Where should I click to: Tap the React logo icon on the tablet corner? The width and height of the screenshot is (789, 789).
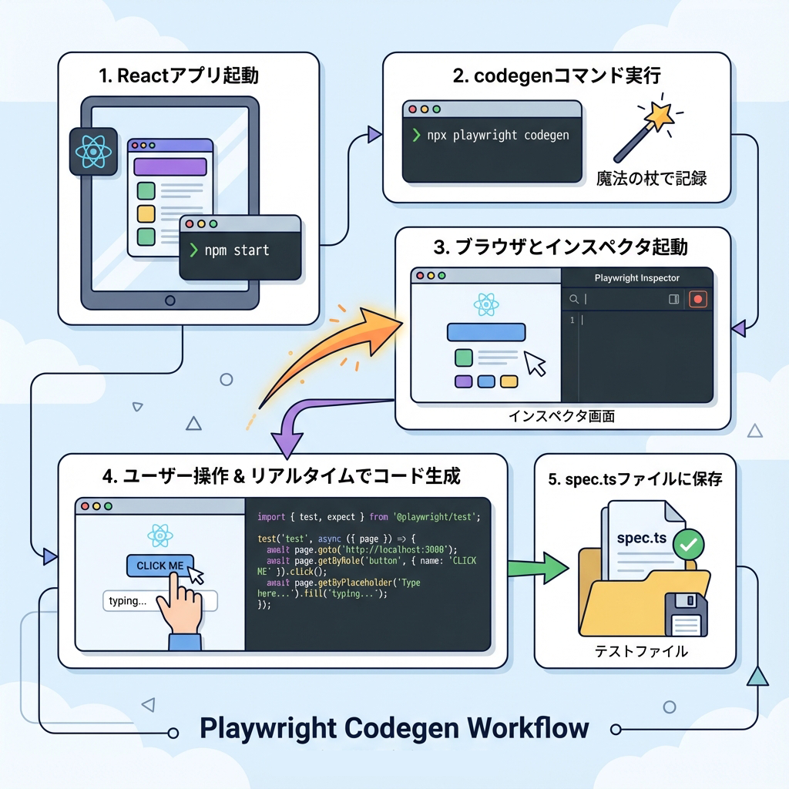click(x=92, y=153)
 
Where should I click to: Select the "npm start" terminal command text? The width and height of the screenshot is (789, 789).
click(x=237, y=250)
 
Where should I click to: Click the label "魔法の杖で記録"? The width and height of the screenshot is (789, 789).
click(x=652, y=177)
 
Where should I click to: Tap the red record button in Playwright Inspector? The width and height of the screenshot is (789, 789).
click(x=698, y=299)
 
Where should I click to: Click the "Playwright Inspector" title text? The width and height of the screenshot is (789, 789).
click(x=637, y=277)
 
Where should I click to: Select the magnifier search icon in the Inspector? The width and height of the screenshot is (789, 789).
click(x=574, y=299)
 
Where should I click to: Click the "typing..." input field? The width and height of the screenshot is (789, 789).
click(x=160, y=601)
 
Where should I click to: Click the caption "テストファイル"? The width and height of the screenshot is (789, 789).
click(x=641, y=652)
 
